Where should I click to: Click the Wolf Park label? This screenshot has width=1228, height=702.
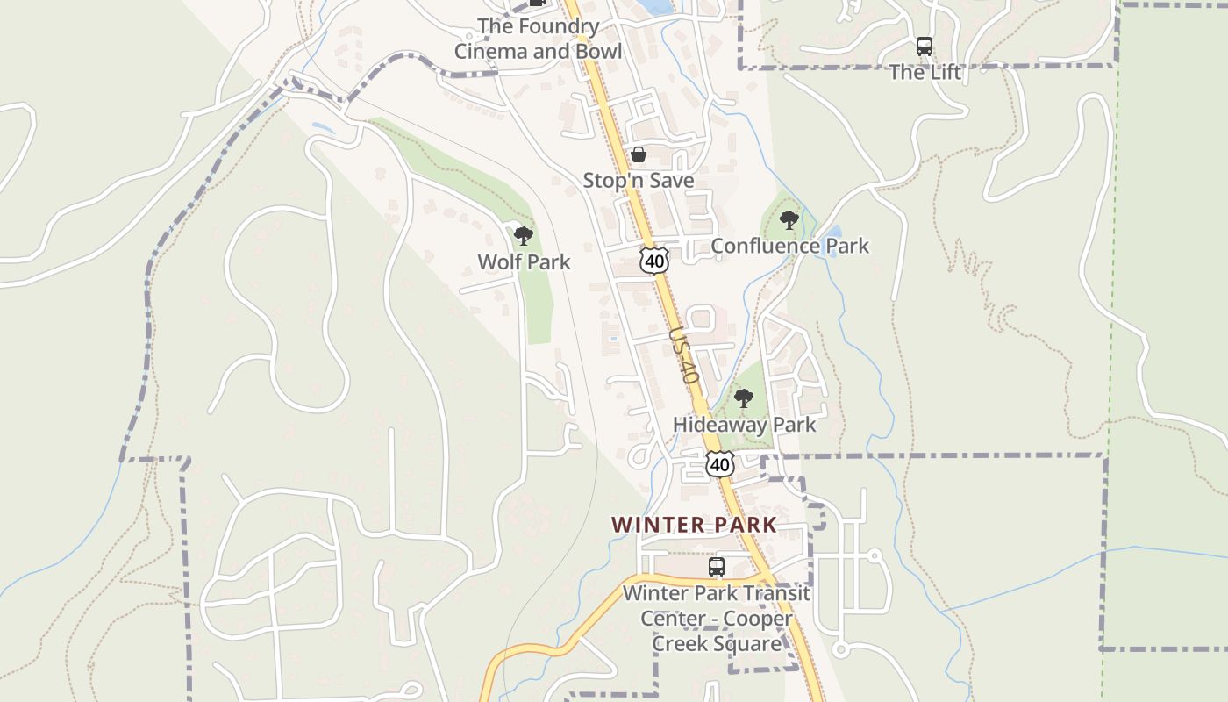pos(524,261)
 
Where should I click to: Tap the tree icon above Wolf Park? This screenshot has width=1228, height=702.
pos(524,235)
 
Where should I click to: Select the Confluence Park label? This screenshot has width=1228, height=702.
pos(789,246)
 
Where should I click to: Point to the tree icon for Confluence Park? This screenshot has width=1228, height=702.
pos(789,219)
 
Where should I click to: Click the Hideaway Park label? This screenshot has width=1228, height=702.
pos(744,425)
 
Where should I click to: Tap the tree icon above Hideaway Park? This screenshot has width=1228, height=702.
pos(744,398)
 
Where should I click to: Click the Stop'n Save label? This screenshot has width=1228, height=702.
pos(639,181)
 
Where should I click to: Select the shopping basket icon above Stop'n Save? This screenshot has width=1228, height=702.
pos(639,155)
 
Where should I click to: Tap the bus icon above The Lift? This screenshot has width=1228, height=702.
pos(925,47)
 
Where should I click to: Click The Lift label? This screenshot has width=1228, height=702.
pos(925,72)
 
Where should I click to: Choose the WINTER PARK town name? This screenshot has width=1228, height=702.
pos(694,525)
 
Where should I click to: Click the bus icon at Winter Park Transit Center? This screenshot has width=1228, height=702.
pos(717,567)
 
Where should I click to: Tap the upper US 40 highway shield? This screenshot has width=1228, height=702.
pos(654,259)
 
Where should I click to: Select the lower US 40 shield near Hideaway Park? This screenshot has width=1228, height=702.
pos(720,463)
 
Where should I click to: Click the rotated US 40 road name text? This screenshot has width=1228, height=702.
pos(682,355)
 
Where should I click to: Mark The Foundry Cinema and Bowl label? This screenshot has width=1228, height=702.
pos(538,39)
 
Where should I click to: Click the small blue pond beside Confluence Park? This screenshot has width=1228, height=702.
pos(832,233)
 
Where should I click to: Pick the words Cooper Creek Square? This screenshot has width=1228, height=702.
pos(716,632)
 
